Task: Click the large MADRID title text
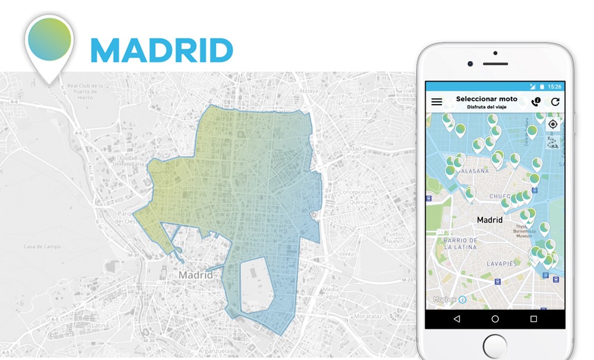(x=161, y=51)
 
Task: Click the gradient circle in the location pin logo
(x=50, y=39)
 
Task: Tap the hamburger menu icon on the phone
(x=437, y=102)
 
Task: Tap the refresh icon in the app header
(x=555, y=102)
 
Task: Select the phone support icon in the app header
(x=536, y=102)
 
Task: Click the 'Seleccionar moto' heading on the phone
(x=486, y=99)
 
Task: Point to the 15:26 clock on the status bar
(x=554, y=87)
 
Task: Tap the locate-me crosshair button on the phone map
(x=553, y=124)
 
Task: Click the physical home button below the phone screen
(x=495, y=346)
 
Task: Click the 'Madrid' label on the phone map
(x=490, y=220)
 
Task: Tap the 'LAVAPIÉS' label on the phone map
(x=502, y=264)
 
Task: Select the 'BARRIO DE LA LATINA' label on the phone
(x=460, y=244)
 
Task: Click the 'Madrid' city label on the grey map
(x=196, y=275)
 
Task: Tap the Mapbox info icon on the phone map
(x=462, y=299)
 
